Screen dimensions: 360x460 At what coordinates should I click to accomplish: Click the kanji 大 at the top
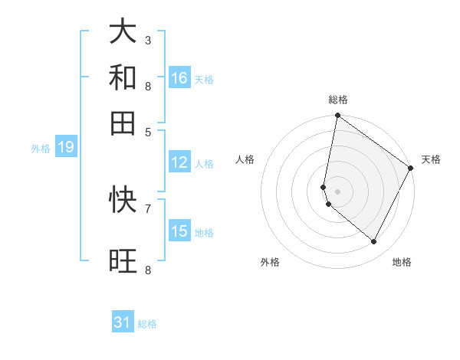click(x=123, y=32)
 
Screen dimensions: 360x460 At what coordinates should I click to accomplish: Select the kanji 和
click(x=123, y=77)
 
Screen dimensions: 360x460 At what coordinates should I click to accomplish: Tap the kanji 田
click(x=123, y=123)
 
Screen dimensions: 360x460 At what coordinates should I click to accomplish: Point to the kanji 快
click(x=123, y=199)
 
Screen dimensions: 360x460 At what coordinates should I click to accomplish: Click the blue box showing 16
click(x=179, y=78)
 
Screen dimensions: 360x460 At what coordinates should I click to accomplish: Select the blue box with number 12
click(x=179, y=162)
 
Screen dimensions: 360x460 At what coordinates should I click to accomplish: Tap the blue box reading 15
click(x=179, y=231)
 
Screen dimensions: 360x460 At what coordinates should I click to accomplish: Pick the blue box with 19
click(x=65, y=147)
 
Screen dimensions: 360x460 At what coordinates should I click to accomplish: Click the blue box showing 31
click(x=123, y=322)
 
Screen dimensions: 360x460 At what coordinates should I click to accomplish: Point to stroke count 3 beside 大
click(x=147, y=39)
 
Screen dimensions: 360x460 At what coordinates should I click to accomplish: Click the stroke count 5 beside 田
click(x=147, y=131)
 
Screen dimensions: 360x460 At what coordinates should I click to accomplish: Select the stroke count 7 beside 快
click(x=147, y=208)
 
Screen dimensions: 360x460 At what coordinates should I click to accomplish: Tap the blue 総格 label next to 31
click(x=147, y=324)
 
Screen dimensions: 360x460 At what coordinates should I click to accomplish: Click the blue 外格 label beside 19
click(x=41, y=149)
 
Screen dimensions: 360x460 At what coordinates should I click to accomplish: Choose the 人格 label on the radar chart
click(x=245, y=159)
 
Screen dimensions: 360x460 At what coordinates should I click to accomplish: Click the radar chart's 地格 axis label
click(x=402, y=262)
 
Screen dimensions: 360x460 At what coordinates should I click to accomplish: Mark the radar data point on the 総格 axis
click(x=337, y=116)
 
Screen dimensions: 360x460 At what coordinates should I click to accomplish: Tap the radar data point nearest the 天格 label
click(x=411, y=169)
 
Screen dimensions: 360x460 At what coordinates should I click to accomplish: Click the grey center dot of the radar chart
click(x=337, y=191)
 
